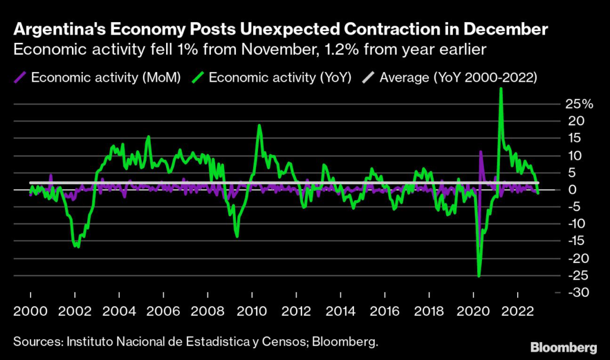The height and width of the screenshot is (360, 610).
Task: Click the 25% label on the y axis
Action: [579, 104]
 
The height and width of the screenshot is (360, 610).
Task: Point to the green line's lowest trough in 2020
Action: [479, 276]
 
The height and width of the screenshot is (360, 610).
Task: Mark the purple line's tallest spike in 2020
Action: [481, 151]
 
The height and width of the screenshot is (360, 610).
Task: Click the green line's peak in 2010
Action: [259, 125]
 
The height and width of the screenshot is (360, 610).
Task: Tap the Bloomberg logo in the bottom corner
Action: [564, 346]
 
